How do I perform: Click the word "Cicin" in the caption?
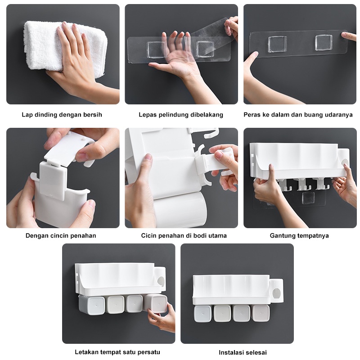(149, 235)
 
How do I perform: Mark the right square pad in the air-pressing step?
(324, 42)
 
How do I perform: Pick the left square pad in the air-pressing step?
(277, 44)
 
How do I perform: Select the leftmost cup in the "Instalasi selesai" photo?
(202, 314)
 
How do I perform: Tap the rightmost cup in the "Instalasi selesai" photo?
(261, 313)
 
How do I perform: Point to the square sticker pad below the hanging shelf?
(308, 198)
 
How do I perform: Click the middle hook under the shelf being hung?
(303, 185)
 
